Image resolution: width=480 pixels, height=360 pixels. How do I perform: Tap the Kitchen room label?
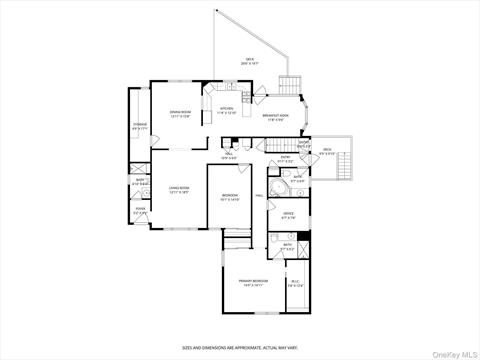226,110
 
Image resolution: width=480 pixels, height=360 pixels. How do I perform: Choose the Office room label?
288,215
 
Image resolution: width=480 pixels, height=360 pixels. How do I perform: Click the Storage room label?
140,126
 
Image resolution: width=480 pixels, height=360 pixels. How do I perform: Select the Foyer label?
140,211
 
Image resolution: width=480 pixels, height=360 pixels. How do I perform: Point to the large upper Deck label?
249,61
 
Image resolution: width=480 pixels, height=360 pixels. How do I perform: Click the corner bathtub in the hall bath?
280,190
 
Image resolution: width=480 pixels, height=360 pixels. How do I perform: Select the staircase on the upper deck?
290,84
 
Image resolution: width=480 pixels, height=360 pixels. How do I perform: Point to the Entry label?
285,159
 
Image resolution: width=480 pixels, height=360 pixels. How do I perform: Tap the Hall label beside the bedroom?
258,195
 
